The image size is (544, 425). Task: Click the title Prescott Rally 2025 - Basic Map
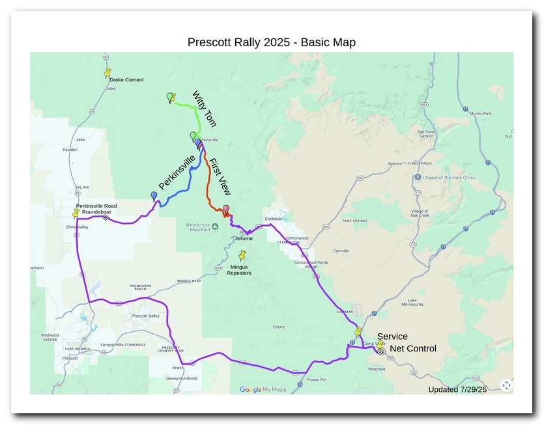(x=271, y=42)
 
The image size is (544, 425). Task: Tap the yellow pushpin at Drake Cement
(x=108, y=72)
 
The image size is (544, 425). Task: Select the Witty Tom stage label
(x=203, y=109)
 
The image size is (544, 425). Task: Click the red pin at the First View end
(x=226, y=210)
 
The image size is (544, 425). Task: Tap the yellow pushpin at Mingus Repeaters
(x=243, y=256)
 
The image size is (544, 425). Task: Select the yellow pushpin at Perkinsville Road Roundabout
(x=76, y=213)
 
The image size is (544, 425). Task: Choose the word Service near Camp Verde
(x=392, y=336)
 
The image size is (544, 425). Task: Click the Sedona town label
(x=395, y=163)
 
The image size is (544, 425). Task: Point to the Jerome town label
(x=243, y=239)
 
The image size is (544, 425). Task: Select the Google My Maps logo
(x=263, y=390)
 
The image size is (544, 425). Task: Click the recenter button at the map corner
(x=506, y=385)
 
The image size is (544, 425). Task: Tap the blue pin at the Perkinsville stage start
(x=154, y=196)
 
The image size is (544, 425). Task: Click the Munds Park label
(x=480, y=113)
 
